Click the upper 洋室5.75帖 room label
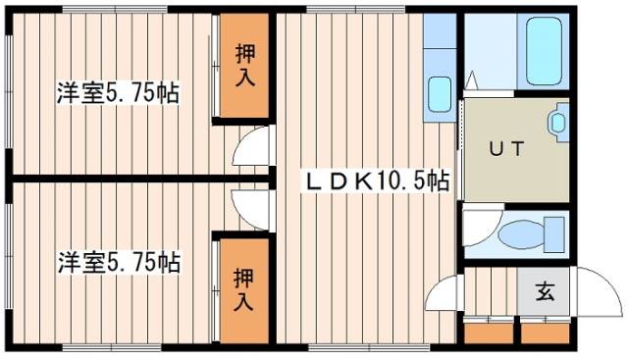[117, 95]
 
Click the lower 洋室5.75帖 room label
[117, 262]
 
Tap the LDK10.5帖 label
[377, 181]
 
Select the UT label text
[506, 149]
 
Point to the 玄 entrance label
[543, 290]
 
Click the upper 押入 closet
[244, 66]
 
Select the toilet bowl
[520, 236]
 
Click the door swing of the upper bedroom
[251, 148]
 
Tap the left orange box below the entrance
[482, 333]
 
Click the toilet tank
[554, 235]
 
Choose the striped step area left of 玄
[491, 291]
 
